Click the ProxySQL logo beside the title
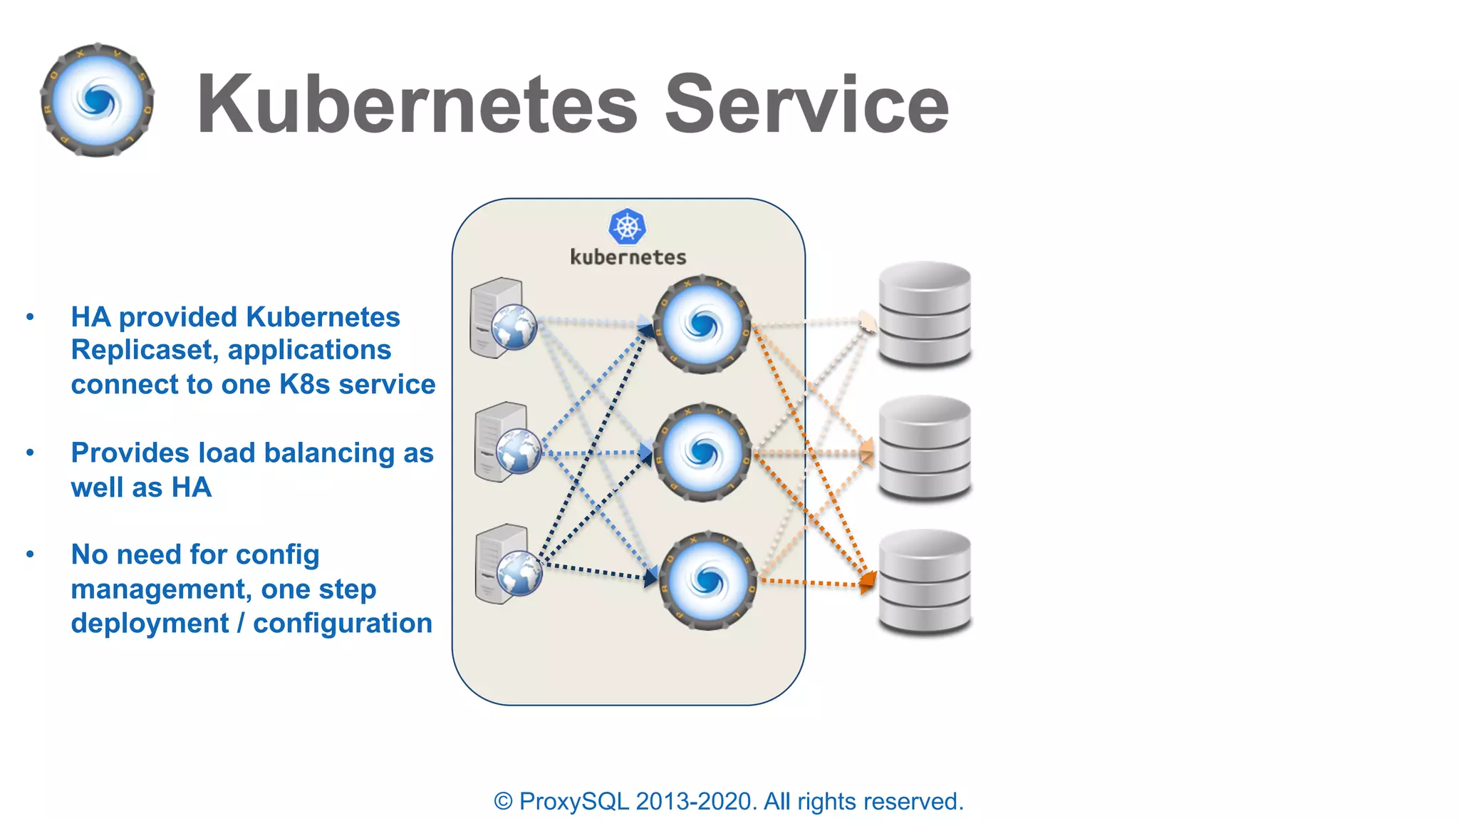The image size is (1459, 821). pos(98,100)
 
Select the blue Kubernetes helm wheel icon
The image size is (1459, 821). pos(627,227)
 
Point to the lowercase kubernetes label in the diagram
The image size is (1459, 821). pos(628,257)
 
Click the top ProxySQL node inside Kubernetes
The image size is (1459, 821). pos(702,325)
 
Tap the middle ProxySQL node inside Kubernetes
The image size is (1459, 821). pos(702,453)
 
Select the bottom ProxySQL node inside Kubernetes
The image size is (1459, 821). pos(707,581)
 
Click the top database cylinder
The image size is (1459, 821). pos(925,314)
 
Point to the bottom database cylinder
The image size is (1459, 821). pos(925,582)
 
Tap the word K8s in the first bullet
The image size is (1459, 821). pos(304,384)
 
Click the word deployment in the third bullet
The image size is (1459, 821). pos(150,623)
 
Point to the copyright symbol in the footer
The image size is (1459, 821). pos(503,802)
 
